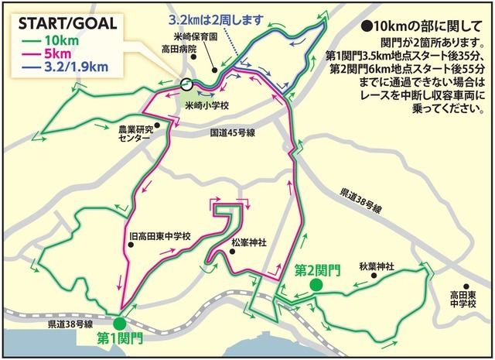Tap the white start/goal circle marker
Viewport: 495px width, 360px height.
click(x=185, y=85)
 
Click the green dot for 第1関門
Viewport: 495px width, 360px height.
click(x=118, y=324)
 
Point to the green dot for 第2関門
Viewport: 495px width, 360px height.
click(x=316, y=285)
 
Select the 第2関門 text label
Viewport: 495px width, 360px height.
click(x=318, y=270)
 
